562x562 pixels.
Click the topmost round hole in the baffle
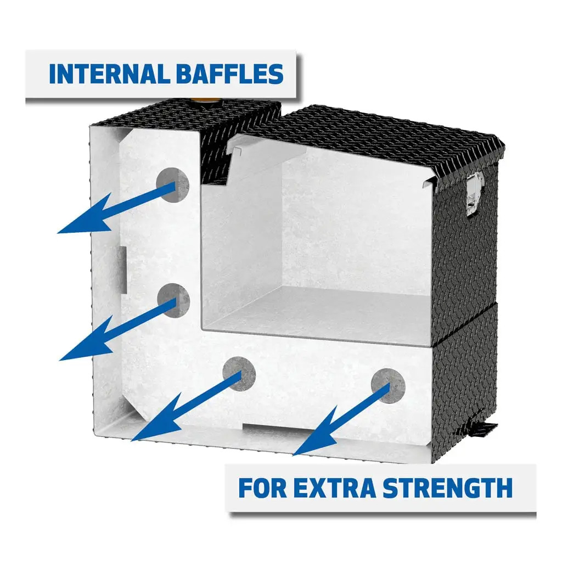click(173, 184)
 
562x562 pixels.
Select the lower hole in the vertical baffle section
click(173, 300)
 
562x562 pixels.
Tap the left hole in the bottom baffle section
click(239, 373)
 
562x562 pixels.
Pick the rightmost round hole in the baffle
click(388, 385)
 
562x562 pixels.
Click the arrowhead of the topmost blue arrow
click(77, 222)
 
